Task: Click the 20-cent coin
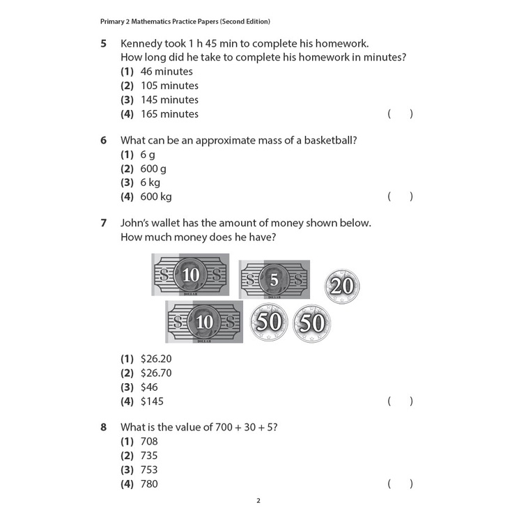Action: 342,286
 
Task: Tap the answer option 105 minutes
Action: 169,86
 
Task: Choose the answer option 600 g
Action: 153,169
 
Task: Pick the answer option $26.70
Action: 156,373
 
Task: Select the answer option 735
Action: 149,456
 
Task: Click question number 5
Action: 103,43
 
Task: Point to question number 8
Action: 103,427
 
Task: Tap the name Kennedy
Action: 144,43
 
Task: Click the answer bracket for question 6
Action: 401,196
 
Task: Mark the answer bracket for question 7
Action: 401,401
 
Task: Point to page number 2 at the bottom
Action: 258,500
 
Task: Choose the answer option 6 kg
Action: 150,183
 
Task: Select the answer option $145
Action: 152,401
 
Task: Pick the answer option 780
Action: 149,483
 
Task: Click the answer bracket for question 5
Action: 401,114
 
